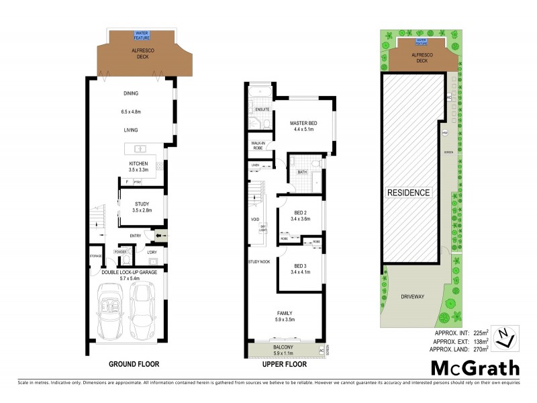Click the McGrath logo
tap(475, 367)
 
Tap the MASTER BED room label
tap(303, 124)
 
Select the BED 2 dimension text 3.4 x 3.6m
tap(300, 219)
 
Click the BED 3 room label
tap(300, 267)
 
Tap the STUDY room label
tap(141, 204)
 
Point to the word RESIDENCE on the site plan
tap(408, 193)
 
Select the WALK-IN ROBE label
tap(258, 145)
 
